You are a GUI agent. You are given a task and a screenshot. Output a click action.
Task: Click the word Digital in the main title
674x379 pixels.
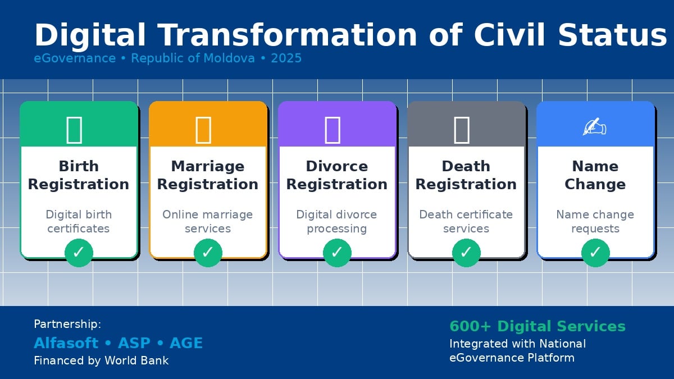(x=90, y=36)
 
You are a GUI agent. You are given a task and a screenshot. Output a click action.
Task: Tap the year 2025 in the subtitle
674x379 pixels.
(x=286, y=58)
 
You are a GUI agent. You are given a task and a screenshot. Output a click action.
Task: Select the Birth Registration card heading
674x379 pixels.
(x=79, y=175)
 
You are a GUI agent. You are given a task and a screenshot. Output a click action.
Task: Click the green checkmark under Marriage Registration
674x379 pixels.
(x=208, y=253)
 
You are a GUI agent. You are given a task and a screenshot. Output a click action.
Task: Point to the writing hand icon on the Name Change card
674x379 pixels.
(x=595, y=126)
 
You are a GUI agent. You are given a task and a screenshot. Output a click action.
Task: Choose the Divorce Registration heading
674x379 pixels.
(x=336, y=175)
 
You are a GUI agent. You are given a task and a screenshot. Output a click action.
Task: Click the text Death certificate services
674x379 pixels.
(x=466, y=221)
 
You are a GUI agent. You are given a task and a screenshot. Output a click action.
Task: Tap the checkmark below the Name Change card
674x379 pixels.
(x=595, y=253)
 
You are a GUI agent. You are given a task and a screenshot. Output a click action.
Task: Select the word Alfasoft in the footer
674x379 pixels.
(x=66, y=343)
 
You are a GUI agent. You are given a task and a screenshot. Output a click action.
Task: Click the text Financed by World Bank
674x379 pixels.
(x=101, y=360)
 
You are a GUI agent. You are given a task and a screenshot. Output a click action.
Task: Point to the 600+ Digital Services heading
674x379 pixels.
(x=538, y=326)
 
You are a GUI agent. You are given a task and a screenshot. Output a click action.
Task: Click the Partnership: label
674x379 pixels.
(x=67, y=325)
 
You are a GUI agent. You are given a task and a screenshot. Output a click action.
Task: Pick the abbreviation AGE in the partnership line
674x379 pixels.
(x=186, y=343)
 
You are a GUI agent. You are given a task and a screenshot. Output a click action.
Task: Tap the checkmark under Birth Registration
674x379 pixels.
(x=79, y=253)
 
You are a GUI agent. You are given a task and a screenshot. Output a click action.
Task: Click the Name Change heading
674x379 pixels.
(x=595, y=175)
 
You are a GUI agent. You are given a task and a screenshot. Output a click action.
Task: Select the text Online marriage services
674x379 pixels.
(x=208, y=221)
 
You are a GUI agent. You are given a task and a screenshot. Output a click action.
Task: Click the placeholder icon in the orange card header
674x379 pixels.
(x=203, y=130)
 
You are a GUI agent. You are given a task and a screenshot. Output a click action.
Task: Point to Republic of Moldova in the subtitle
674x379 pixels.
(x=193, y=58)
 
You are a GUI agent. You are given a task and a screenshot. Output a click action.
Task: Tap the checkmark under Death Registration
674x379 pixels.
(x=466, y=253)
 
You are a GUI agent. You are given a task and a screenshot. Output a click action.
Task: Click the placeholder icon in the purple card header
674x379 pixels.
(x=333, y=130)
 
